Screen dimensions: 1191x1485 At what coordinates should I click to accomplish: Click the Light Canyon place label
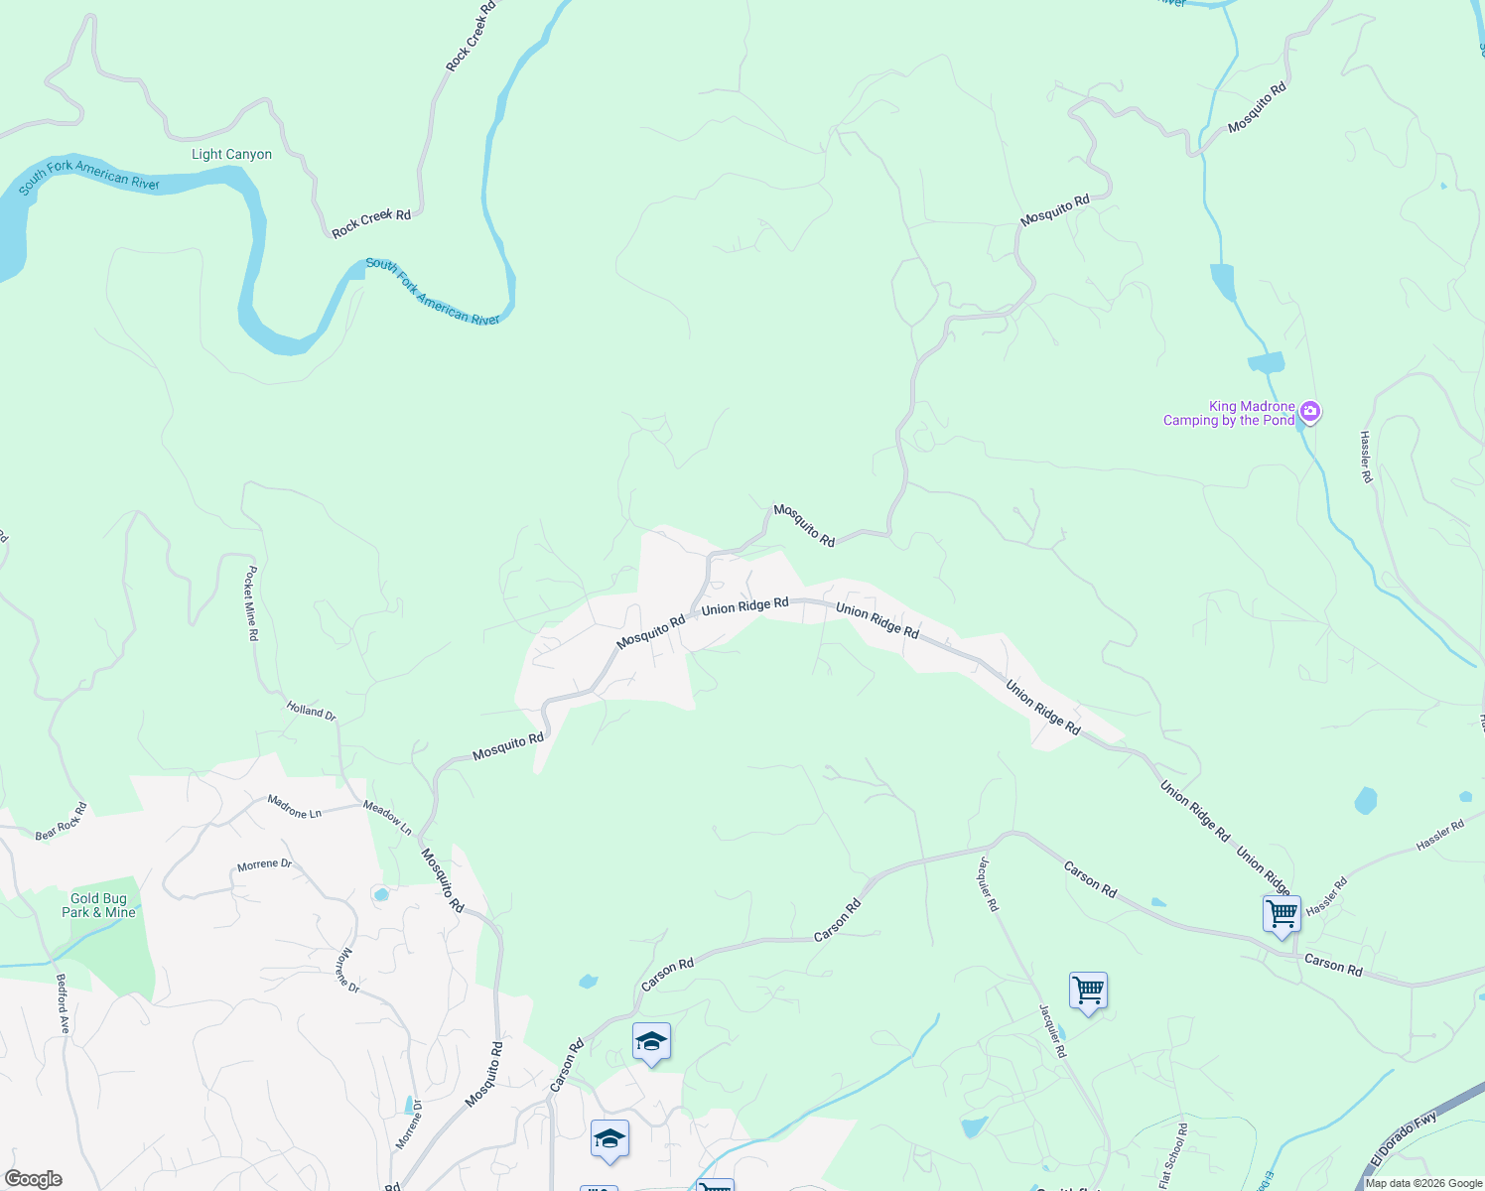coord(231,154)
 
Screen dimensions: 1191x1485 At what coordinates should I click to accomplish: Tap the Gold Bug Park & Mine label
coord(98,905)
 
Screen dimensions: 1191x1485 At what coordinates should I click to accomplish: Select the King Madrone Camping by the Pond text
coord(1229,413)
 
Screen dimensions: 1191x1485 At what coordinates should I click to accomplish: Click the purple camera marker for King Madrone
coord(1310,411)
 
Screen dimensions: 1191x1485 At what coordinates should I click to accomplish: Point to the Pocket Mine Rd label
coord(252,603)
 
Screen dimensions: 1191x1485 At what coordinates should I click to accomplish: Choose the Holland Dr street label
coord(312,711)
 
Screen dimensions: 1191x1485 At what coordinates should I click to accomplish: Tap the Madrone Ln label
coord(295,807)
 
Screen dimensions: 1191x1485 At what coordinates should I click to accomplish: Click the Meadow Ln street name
coord(387,818)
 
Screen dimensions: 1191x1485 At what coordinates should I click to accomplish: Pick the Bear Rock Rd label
coord(62,822)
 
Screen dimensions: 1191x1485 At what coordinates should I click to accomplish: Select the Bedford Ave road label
coord(63,1003)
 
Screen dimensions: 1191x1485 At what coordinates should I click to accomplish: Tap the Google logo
coord(34,1179)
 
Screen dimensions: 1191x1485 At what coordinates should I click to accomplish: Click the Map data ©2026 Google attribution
coord(1423,1183)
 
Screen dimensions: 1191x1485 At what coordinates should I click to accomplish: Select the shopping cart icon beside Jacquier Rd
coord(1088,992)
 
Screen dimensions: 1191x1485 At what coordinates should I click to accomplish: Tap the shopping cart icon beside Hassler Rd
coord(1282,914)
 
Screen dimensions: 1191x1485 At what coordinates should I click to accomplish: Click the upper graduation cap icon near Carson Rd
coord(651,1042)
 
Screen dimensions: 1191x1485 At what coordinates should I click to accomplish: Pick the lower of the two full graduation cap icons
coord(609,1139)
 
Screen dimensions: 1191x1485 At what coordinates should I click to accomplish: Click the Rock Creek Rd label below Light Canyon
coord(371,223)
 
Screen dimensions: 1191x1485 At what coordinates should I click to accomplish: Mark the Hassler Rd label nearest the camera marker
coord(1367,458)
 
